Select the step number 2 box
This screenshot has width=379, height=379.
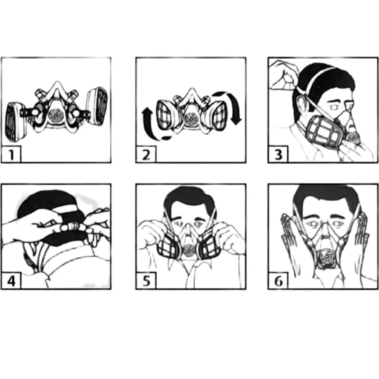(145, 154)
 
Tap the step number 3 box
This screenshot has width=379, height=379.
(278, 154)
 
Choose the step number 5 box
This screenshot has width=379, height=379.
(145, 280)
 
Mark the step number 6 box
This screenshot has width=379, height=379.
(278, 280)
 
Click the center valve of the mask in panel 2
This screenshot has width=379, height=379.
(192, 116)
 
